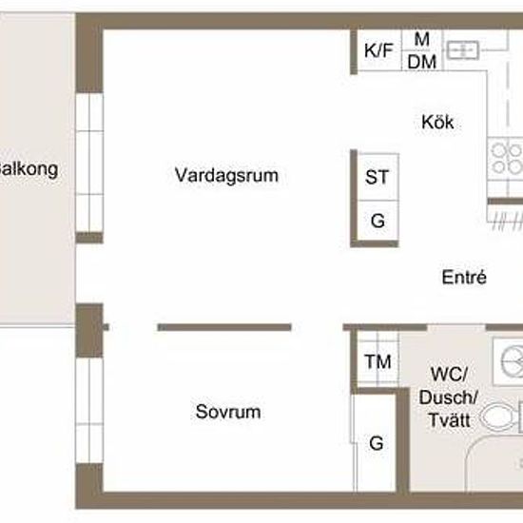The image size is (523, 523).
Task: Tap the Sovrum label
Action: [x=228, y=413]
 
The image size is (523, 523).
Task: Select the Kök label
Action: [x=437, y=123]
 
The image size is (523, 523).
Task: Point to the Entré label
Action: [x=465, y=278]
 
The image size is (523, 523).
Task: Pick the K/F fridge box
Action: [x=378, y=50]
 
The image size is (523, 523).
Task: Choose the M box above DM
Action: [x=421, y=38]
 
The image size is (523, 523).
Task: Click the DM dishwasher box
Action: [x=421, y=61]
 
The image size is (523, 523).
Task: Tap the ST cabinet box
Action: [x=377, y=177]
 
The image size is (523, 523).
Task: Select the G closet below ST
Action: [x=377, y=222]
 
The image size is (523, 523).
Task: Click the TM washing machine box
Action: [x=378, y=361]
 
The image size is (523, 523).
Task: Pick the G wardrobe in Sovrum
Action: [x=377, y=442]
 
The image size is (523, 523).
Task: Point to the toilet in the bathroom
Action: [x=499, y=416]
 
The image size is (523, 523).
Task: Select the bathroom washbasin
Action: [x=510, y=359]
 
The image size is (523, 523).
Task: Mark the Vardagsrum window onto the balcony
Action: [x=88, y=161]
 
